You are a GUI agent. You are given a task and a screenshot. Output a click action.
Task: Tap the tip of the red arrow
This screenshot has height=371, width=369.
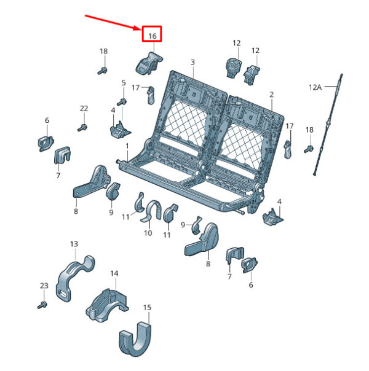coord(141,29)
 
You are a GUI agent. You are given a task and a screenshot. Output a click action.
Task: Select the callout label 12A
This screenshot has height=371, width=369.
coord(315,87)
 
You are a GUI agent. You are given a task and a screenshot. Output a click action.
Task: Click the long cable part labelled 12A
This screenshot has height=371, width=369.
coord(328,124)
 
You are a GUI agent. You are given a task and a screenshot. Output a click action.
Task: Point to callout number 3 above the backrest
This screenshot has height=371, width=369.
coord(192,62)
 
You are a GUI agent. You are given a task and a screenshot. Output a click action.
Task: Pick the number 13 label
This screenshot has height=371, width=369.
coord(74,244)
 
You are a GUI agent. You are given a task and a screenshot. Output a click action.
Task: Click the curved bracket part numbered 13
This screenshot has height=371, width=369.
coord(75,278)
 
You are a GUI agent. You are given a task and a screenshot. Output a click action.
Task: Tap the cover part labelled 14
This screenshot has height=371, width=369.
coord(107,305)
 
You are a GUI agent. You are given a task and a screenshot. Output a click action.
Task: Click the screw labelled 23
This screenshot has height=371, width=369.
coord(42,305)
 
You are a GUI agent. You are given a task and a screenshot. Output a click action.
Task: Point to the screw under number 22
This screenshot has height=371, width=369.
coord(82,128)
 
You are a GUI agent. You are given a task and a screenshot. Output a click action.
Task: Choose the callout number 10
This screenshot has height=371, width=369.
coord(148,233)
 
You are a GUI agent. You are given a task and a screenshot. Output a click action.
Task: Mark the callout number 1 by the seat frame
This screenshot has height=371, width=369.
coord(127,146)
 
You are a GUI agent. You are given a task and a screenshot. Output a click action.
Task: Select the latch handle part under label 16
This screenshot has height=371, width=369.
coord(149,63)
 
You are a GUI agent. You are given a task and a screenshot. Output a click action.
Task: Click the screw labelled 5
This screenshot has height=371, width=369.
coord(122,102)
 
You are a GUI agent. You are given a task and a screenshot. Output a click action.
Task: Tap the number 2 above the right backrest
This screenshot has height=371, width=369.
coord(271,95)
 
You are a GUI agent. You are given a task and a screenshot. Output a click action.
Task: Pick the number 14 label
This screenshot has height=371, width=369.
coord(114,273)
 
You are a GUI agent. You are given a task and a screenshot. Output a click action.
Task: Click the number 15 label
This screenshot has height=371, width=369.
coord(147,308)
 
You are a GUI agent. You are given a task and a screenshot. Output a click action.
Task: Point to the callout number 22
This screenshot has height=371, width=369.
coord(84,108)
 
